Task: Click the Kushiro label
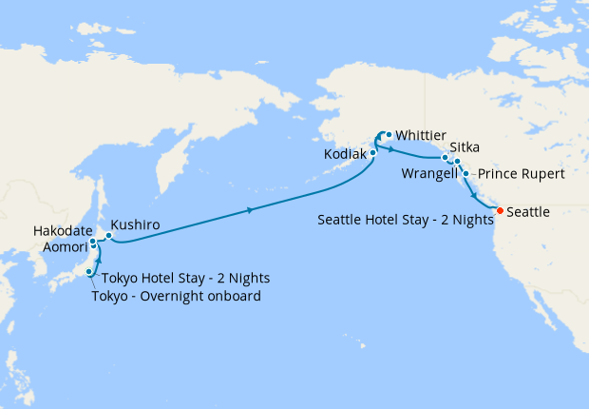(135, 225)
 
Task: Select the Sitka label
(464, 147)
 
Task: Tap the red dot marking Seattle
(501, 210)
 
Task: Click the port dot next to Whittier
(389, 135)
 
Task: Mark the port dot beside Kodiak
(373, 152)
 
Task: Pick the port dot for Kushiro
(109, 235)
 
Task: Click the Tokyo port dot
(89, 272)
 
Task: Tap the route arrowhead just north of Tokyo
(99, 258)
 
